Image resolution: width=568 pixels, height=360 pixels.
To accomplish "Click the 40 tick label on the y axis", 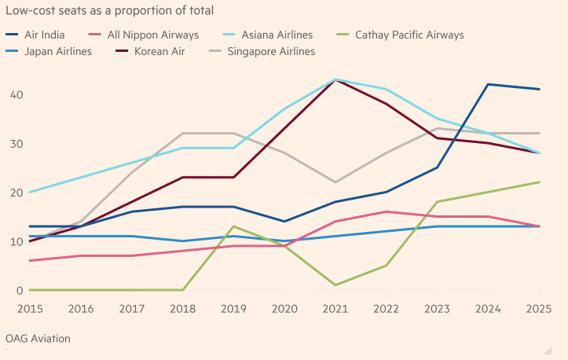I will coord(16,94).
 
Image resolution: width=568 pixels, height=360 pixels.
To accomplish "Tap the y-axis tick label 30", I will coord(16,143).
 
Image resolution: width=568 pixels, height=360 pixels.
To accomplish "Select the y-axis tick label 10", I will coord(16,241).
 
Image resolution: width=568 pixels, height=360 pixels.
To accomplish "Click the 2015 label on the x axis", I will coord(30,309).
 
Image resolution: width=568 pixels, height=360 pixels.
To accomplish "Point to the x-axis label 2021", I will coord(335,309).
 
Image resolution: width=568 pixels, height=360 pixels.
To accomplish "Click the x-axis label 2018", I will coord(182,309).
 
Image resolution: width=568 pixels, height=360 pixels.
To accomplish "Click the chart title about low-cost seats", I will coord(110,11).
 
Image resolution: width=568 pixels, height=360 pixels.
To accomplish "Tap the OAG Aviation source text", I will coord(38,339).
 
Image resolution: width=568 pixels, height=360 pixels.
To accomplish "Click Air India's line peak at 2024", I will coord(488,84).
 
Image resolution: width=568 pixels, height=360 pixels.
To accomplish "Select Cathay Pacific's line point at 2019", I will coord(233,226).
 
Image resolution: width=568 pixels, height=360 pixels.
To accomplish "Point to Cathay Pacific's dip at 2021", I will coord(335,285).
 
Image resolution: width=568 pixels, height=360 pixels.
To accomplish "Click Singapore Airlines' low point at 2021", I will coord(335,182).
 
